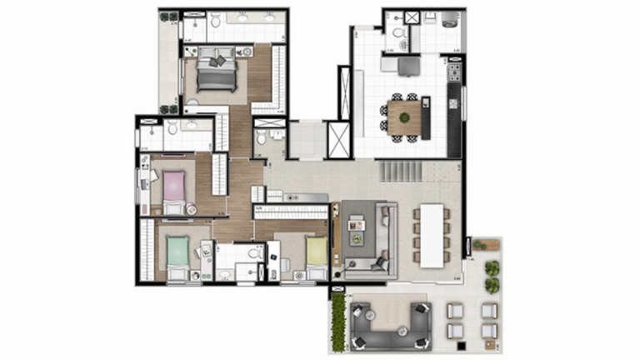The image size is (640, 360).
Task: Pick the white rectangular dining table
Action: (x=432, y=235)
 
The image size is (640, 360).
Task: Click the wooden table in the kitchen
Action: (x=404, y=116)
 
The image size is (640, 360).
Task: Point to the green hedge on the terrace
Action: (x=338, y=320)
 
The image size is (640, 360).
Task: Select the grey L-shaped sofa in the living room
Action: (x=379, y=242)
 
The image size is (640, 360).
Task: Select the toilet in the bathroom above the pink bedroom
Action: (x=172, y=127)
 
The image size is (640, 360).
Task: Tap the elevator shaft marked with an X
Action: (x=338, y=139)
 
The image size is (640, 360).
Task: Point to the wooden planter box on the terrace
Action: (x=487, y=245)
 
